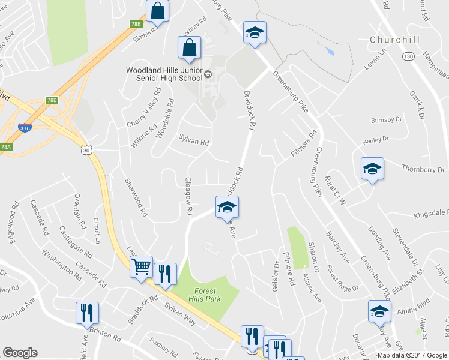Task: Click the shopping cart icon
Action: (141, 266)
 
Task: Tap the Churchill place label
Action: (393, 40)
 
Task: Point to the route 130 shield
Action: (409, 56)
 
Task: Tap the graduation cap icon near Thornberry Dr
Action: (372, 170)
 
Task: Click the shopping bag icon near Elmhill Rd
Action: (158, 11)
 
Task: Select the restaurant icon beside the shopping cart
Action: (164, 274)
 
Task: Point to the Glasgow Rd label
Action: (188, 196)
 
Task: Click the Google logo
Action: (20, 353)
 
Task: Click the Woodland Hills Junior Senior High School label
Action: (164, 74)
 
